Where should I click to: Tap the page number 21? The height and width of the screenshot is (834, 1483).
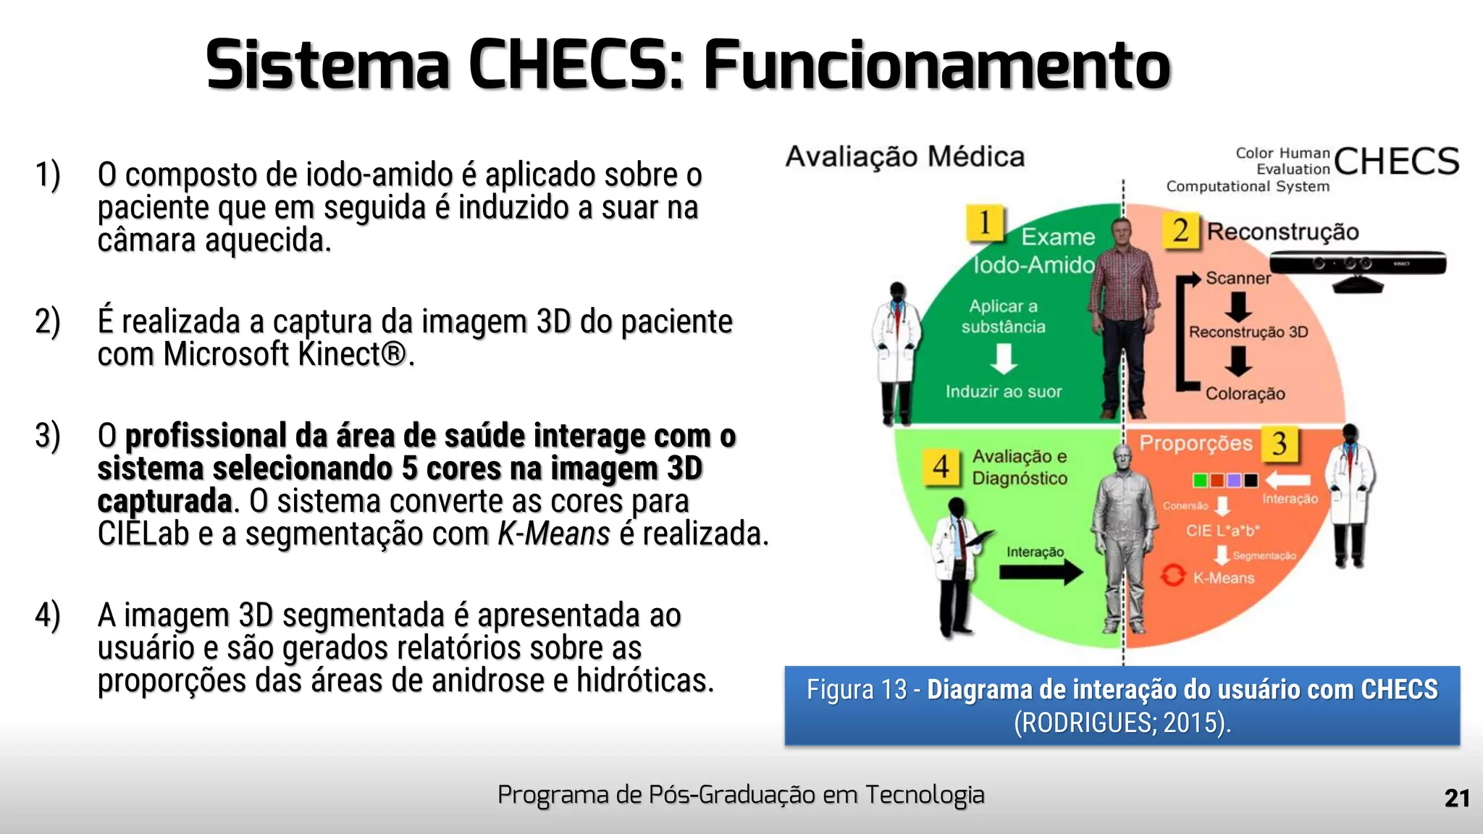(1456, 798)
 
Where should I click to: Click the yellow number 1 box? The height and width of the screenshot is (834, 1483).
(985, 223)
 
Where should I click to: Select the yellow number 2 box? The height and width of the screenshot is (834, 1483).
(1181, 231)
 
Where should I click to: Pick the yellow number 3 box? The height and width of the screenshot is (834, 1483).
(1280, 444)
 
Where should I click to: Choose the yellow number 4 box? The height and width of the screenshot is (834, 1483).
(941, 467)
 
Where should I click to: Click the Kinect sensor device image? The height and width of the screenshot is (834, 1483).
(1358, 266)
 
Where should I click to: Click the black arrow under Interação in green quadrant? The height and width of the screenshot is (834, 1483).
(1041, 572)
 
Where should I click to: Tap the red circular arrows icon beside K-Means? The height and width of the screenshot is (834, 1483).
(1172, 576)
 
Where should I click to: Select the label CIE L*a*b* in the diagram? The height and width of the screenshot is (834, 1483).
(1222, 531)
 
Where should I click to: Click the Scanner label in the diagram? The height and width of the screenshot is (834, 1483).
(1238, 278)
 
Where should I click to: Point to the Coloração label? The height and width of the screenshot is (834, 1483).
(1245, 394)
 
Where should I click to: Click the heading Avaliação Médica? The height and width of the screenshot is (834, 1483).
(905, 157)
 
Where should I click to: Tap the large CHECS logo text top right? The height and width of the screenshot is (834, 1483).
(1395, 162)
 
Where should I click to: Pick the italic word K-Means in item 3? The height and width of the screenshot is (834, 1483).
(554, 534)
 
